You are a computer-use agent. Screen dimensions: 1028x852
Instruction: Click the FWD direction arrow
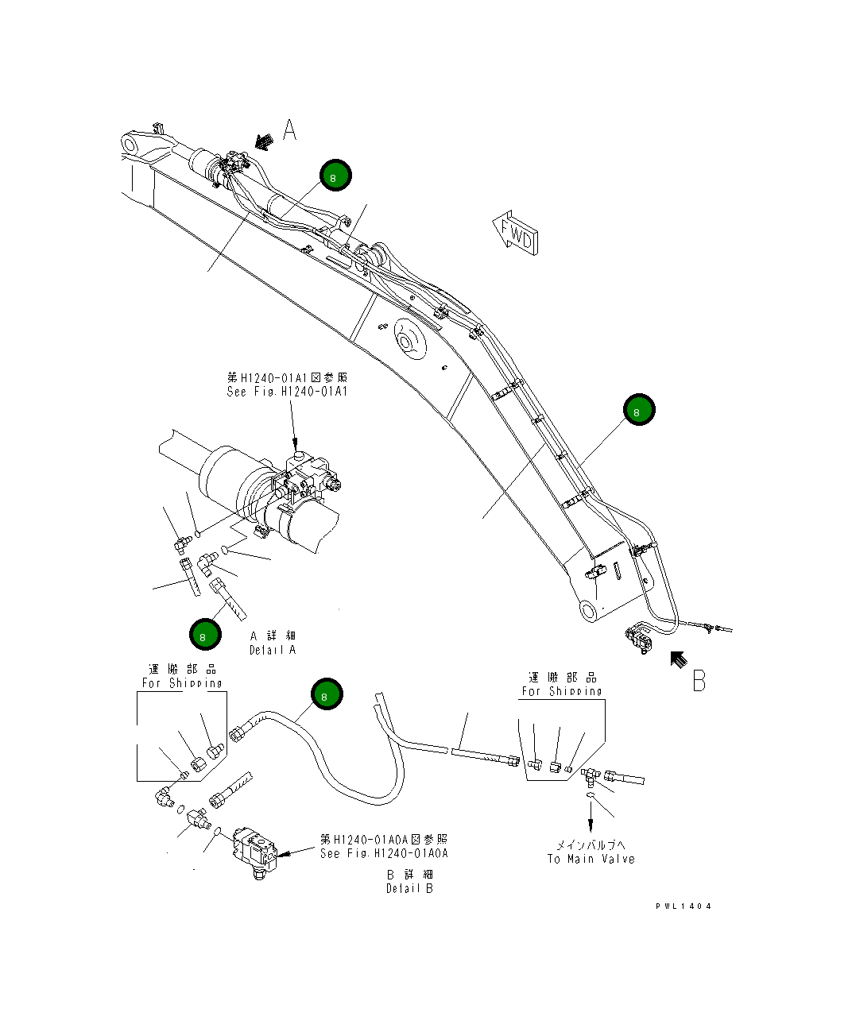[515, 233]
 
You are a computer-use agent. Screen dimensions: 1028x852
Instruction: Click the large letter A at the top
[290, 129]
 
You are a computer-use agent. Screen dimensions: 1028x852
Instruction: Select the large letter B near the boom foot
[699, 681]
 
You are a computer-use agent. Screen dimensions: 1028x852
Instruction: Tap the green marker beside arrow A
[335, 176]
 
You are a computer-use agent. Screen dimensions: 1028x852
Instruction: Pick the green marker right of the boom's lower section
[638, 410]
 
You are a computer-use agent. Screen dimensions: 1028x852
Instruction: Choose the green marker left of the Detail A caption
[204, 635]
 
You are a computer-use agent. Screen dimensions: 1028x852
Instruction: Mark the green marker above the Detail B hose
[326, 695]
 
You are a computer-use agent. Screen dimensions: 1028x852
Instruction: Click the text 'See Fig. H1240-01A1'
[288, 392]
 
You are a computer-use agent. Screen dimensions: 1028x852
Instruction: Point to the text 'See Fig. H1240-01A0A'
[384, 853]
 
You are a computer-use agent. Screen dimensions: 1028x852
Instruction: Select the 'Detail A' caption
[273, 650]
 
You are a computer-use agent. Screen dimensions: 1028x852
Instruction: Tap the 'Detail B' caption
[410, 888]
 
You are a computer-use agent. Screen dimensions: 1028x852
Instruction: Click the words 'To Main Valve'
[591, 859]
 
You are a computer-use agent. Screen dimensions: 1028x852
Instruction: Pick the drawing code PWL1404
[684, 906]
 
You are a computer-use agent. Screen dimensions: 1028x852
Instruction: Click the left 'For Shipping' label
[182, 683]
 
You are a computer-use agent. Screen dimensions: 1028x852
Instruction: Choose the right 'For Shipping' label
[562, 691]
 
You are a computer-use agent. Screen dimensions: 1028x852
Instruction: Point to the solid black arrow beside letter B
[677, 659]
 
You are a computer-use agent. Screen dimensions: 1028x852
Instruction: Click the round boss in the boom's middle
[408, 342]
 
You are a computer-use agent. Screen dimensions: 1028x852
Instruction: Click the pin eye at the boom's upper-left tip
[131, 145]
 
